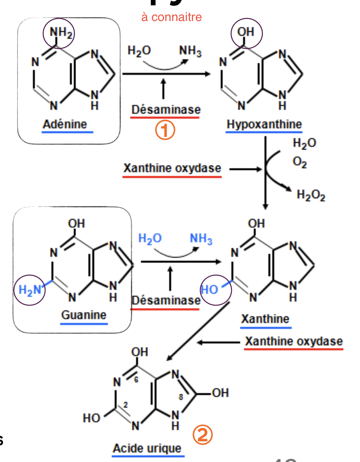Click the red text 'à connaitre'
[171, 17]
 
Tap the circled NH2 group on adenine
[58, 33]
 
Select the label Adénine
[65, 124]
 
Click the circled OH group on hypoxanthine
[246, 33]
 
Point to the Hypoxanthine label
[264, 124]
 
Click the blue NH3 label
[201, 239]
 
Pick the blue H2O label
[150, 239]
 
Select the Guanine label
[84, 315]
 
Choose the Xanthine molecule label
[265, 319]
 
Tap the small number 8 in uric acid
[181, 397]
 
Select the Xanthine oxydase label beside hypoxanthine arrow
[172, 168]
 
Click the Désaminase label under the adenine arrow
[165, 110]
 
